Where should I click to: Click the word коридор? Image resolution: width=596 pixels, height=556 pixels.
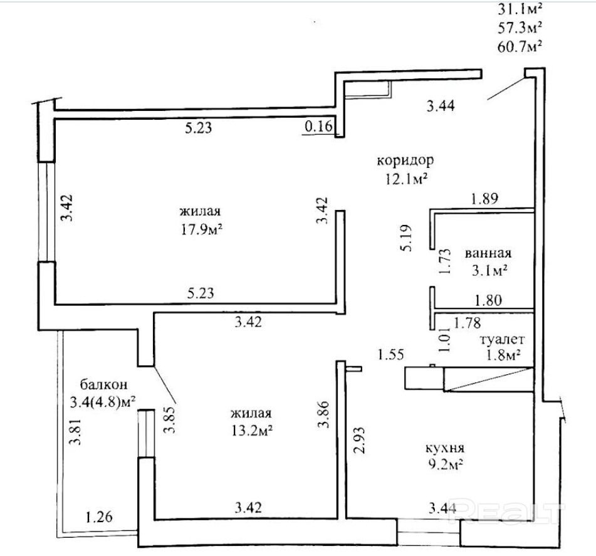click(405, 160)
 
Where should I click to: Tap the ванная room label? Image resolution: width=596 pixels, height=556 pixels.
click(488, 254)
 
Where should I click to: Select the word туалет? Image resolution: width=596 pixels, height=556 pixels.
click(502, 340)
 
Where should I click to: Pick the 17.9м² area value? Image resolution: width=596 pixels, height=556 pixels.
click(202, 229)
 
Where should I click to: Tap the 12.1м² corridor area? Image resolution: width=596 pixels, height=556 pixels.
click(405, 179)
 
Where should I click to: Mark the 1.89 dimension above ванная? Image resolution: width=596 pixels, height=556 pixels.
click(483, 200)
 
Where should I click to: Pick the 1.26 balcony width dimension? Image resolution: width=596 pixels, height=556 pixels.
click(99, 518)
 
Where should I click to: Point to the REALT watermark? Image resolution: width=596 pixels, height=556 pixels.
click(511, 511)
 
